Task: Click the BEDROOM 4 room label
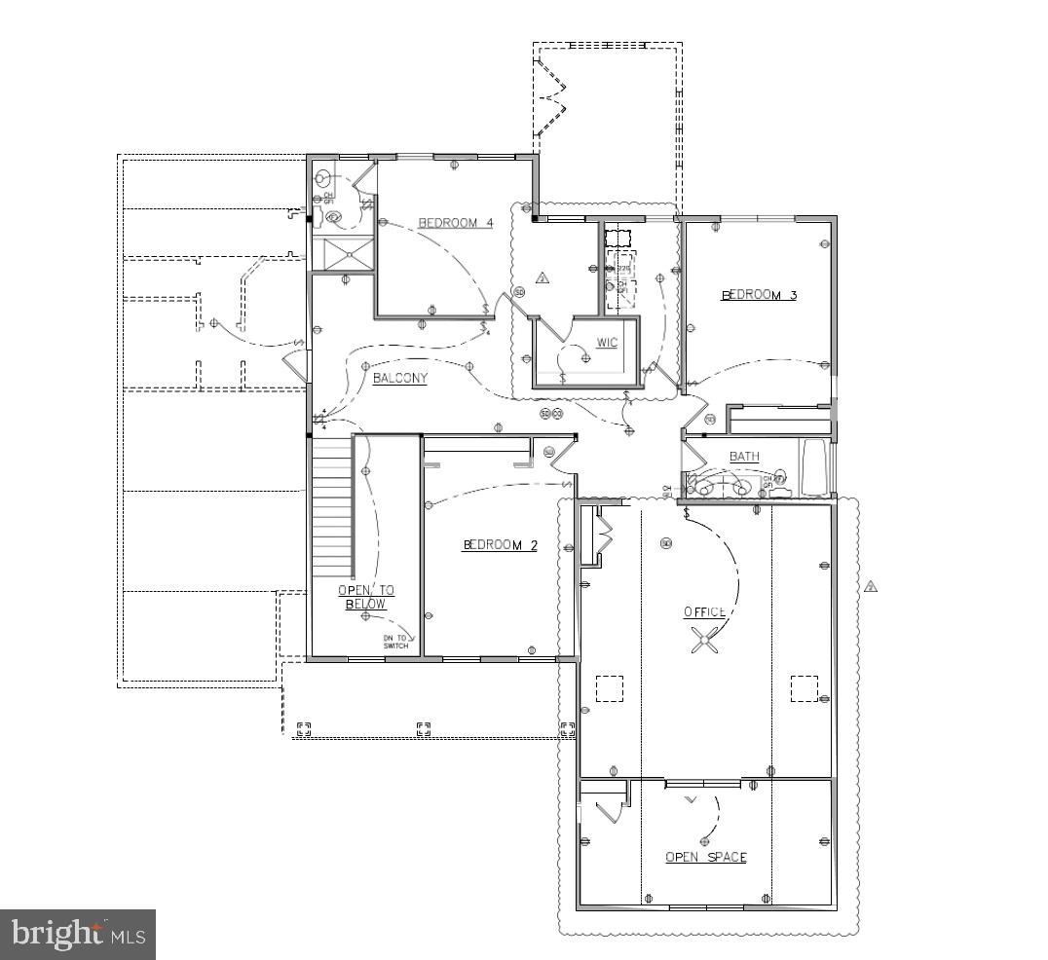[x=455, y=223]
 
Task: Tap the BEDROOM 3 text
[x=759, y=295]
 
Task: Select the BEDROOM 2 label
[x=500, y=545]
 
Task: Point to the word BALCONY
[x=399, y=379]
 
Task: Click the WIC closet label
[x=607, y=343]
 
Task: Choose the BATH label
[x=744, y=457]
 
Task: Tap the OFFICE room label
[x=704, y=612]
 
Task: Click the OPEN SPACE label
[x=706, y=857]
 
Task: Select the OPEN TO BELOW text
[x=366, y=597]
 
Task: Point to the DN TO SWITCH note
[x=395, y=642]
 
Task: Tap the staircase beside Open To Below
[x=331, y=506]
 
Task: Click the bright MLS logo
[x=78, y=935]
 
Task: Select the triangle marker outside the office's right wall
[x=872, y=586]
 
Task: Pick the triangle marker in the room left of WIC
[x=543, y=277]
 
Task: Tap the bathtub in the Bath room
[x=813, y=468]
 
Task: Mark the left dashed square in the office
[x=609, y=688]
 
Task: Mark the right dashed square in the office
[x=805, y=688]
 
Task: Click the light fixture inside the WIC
[x=585, y=358]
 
